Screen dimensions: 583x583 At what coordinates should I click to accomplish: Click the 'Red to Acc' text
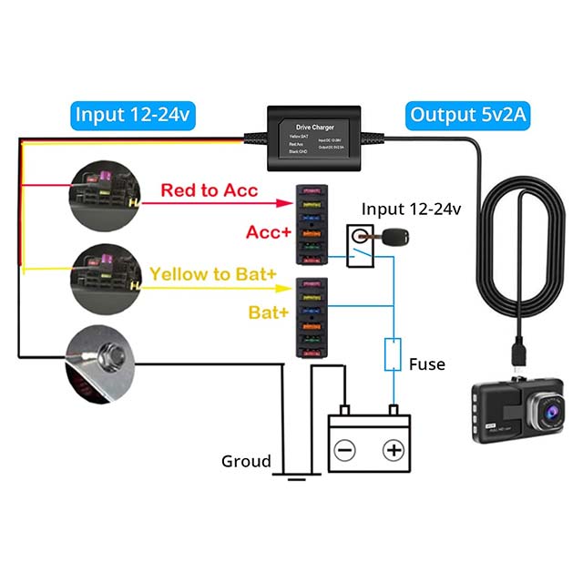[210, 191]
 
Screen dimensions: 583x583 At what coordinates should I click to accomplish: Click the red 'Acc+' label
[269, 232]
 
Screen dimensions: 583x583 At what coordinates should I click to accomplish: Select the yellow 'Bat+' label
[270, 312]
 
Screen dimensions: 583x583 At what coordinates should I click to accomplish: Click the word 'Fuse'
[426, 364]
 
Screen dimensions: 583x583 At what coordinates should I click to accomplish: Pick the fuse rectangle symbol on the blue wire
[394, 353]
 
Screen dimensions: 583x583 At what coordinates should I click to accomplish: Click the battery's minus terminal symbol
[344, 450]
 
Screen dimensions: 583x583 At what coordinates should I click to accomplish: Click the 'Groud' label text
[246, 461]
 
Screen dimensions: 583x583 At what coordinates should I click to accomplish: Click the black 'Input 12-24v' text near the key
[412, 210]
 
